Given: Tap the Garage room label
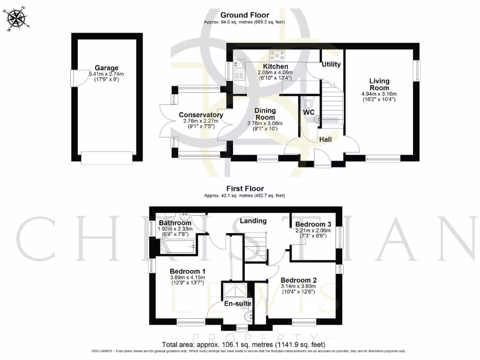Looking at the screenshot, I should pos(106,68).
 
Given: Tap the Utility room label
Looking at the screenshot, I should pos(331,64).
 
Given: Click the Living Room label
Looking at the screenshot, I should pos(379,85).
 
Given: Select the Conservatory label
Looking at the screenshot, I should pos(201,115).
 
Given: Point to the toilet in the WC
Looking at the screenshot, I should pos(308,102).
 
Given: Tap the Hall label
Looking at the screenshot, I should pos(325,139).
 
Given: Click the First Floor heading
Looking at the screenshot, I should pos(244,189).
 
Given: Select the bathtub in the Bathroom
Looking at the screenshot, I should pos(177,246).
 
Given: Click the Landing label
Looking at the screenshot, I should pos(253,221).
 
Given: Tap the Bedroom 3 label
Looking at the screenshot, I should pos(313,225).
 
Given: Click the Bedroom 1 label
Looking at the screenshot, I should pos(187,271).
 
